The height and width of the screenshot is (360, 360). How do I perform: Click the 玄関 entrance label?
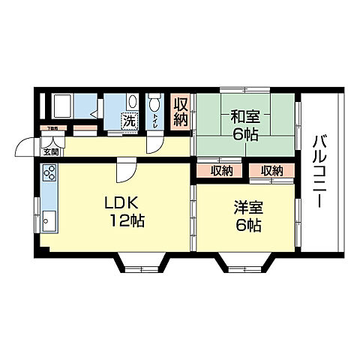tap(50, 151)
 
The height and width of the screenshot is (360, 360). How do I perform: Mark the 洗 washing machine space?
tap(130, 119)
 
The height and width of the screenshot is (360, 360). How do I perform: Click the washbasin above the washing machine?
tap(132, 102)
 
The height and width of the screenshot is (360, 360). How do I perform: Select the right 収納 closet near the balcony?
tap(271, 171)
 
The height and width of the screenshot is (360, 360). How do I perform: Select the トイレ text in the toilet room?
tap(154, 119)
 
